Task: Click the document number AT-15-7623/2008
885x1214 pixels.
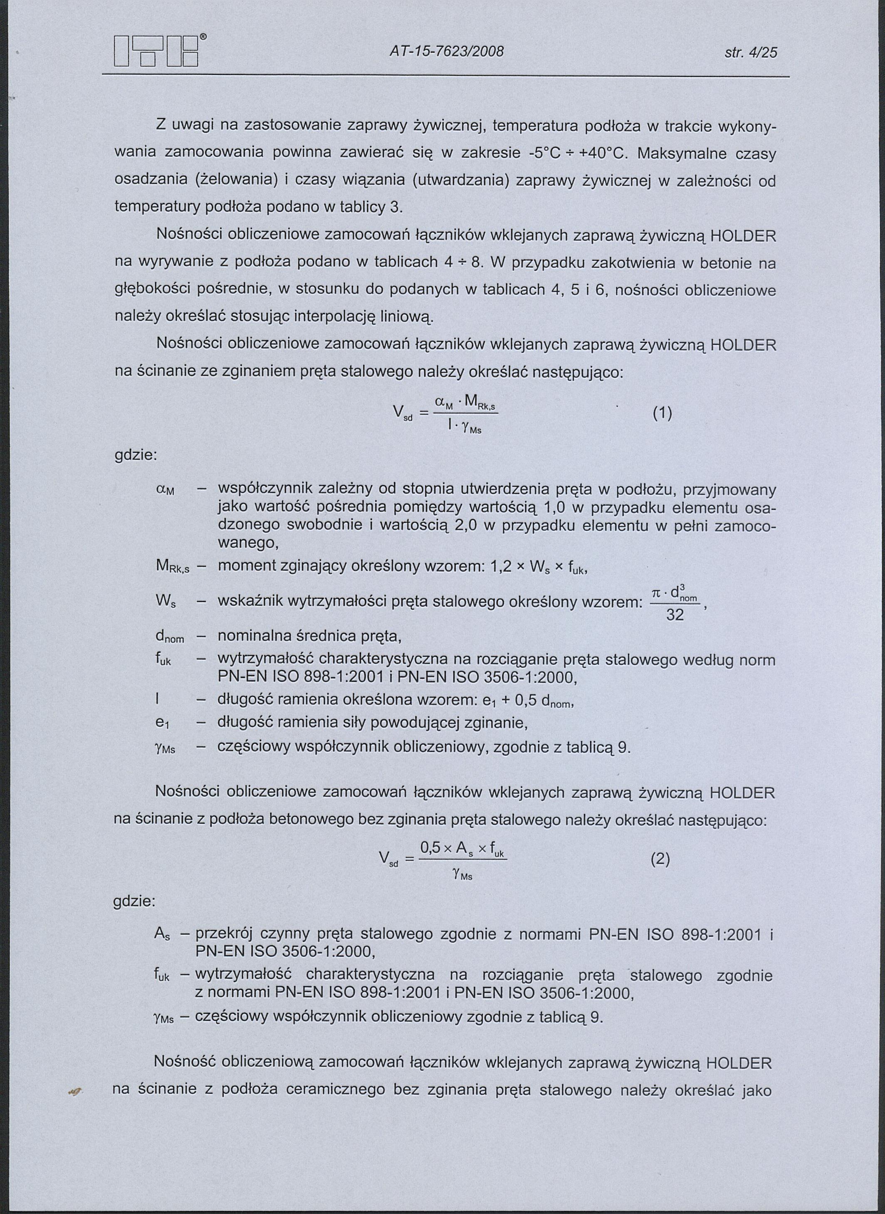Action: [x=446, y=52]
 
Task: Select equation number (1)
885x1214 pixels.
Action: [x=662, y=413]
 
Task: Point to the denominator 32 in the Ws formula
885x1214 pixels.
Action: [x=675, y=615]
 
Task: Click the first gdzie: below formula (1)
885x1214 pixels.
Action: [x=135, y=456]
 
